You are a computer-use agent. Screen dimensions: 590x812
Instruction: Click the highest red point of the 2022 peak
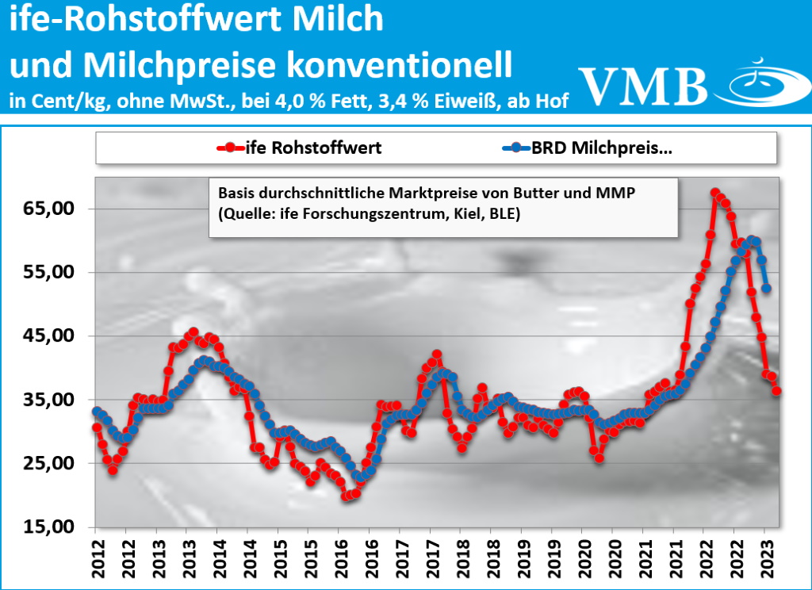point(715,193)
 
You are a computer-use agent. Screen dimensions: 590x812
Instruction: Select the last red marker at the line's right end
point(776,390)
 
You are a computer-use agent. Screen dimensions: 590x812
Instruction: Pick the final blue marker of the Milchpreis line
point(766,288)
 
